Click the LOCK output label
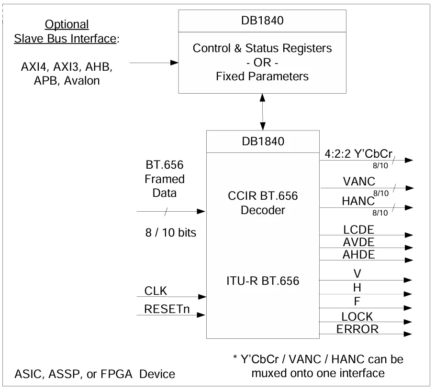(x=357, y=316)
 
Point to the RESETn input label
(x=167, y=309)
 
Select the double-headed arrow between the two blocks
(x=262, y=111)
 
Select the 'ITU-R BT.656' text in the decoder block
(x=263, y=281)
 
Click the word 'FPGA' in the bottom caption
(x=115, y=374)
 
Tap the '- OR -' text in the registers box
(x=262, y=62)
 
